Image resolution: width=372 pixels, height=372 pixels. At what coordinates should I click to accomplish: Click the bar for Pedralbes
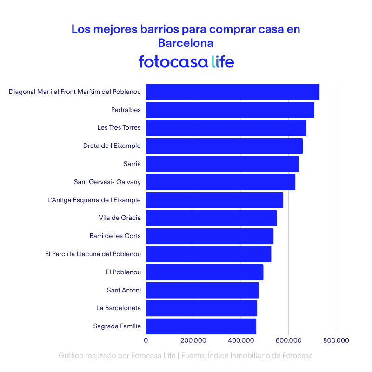(x=230, y=110)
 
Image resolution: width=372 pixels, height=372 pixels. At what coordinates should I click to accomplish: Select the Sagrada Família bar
(x=201, y=326)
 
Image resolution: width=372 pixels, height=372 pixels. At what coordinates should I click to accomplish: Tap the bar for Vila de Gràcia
(x=211, y=218)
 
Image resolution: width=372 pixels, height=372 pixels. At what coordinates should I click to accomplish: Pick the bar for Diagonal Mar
(x=232, y=92)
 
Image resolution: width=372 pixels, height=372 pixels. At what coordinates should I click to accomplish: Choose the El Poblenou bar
(x=205, y=272)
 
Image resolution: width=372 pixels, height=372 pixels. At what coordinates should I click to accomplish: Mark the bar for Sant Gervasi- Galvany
(x=220, y=182)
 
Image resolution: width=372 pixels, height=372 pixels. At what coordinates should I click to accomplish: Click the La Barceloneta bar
(x=201, y=308)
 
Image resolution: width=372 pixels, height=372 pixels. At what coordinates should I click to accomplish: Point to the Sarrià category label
(x=132, y=164)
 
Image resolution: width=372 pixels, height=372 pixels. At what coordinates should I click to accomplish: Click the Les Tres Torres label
(x=119, y=128)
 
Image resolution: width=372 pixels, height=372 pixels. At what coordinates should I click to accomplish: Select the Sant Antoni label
(x=124, y=290)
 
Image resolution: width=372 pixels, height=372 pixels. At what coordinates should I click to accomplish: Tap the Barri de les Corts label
(x=115, y=236)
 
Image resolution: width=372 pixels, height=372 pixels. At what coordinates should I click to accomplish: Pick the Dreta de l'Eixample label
(x=112, y=146)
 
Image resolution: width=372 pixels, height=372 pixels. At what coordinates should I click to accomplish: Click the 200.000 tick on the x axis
(x=193, y=341)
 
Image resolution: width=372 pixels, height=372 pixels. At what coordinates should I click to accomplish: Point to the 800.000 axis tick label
(x=336, y=341)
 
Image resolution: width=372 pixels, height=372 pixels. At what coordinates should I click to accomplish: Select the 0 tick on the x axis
(x=146, y=341)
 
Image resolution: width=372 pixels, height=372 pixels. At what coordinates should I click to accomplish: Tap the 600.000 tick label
(x=288, y=341)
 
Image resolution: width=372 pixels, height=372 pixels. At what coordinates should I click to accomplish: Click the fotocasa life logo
(x=186, y=62)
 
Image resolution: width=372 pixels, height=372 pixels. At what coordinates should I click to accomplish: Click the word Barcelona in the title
(x=186, y=43)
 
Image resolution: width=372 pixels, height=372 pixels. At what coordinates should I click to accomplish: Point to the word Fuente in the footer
(x=193, y=356)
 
